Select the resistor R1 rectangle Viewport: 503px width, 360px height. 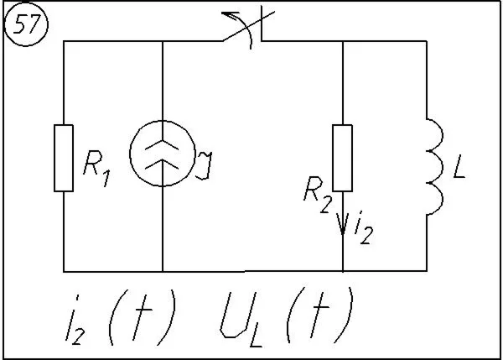64,158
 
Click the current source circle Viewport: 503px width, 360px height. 161,158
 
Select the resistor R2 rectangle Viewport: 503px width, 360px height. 343,158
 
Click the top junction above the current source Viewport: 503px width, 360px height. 161,41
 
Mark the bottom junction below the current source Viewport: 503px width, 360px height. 161,272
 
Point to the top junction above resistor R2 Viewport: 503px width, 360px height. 344,41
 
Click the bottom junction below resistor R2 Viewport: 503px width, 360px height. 344,272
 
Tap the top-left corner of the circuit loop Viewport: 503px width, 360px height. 64,41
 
